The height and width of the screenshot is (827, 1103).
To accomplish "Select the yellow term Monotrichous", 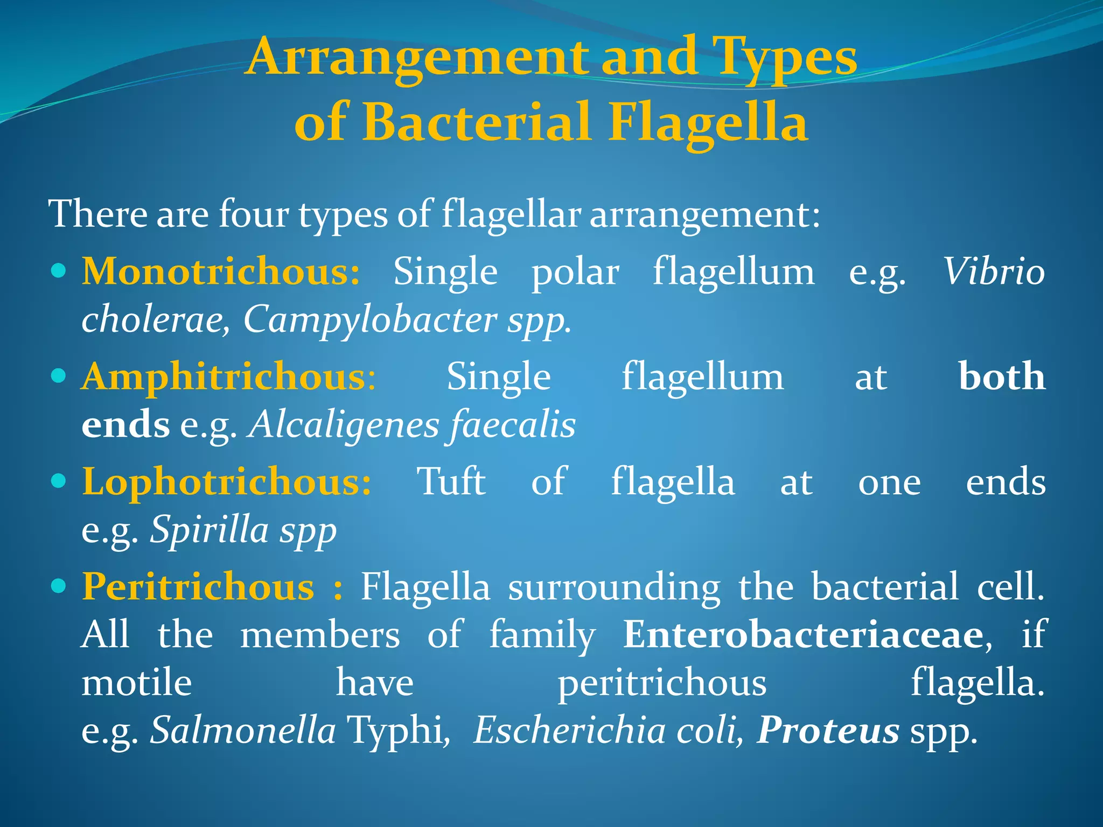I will tap(221, 271).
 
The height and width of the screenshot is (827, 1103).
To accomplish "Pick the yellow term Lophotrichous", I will tap(226, 482).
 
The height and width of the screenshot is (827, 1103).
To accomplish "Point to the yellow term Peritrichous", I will tap(198, 587).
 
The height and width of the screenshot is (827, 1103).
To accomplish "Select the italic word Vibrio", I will tap(994, 271).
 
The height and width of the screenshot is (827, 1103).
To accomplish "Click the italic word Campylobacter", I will tap(370, 320).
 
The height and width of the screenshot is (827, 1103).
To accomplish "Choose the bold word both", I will tap(1002, 377).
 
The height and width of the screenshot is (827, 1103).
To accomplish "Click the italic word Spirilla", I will tap(210, 530).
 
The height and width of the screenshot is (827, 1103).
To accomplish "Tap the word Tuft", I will tap(451, 482).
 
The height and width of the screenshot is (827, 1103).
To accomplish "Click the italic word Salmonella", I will tap(243, 731).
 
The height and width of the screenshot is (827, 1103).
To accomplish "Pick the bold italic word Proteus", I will tap(828, 731).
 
